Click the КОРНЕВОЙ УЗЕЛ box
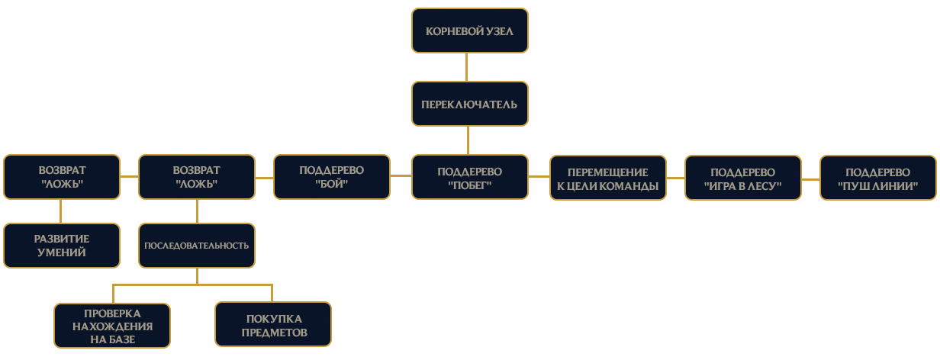click(x=469, y=31)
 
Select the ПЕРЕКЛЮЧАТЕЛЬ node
click(x=469, y=104)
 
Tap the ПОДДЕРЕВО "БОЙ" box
click(x=332, y=177)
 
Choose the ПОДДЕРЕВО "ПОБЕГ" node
click(x=469, y=177)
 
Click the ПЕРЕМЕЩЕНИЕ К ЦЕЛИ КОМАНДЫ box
click(x=608, y=178)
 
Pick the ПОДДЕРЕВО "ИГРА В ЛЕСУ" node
click(x=743, y=178)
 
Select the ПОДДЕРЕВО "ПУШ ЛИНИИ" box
click(x=878, y=178)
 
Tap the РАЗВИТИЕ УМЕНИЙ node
click(x=62, y=246)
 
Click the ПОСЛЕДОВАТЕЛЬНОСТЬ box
click(x=197, y=246)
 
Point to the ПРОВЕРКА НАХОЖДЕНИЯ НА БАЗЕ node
click(x=112, y=326)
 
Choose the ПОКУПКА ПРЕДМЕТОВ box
click(x=273, y=324)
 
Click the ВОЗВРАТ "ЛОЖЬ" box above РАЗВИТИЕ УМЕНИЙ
click(x=62, y=177)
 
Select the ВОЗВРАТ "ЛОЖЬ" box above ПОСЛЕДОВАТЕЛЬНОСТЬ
click(x=197, y=177)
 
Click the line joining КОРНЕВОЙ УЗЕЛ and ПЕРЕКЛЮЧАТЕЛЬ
click(x=466, y=67)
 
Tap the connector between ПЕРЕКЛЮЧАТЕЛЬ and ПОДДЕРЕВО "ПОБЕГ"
click(x=468, y=140)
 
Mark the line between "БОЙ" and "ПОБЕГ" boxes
click(x=401, y=175)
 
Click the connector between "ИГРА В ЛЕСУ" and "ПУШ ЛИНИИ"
click(x=810, y=179)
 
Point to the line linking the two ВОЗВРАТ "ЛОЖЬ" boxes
click(x=129, y=177)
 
